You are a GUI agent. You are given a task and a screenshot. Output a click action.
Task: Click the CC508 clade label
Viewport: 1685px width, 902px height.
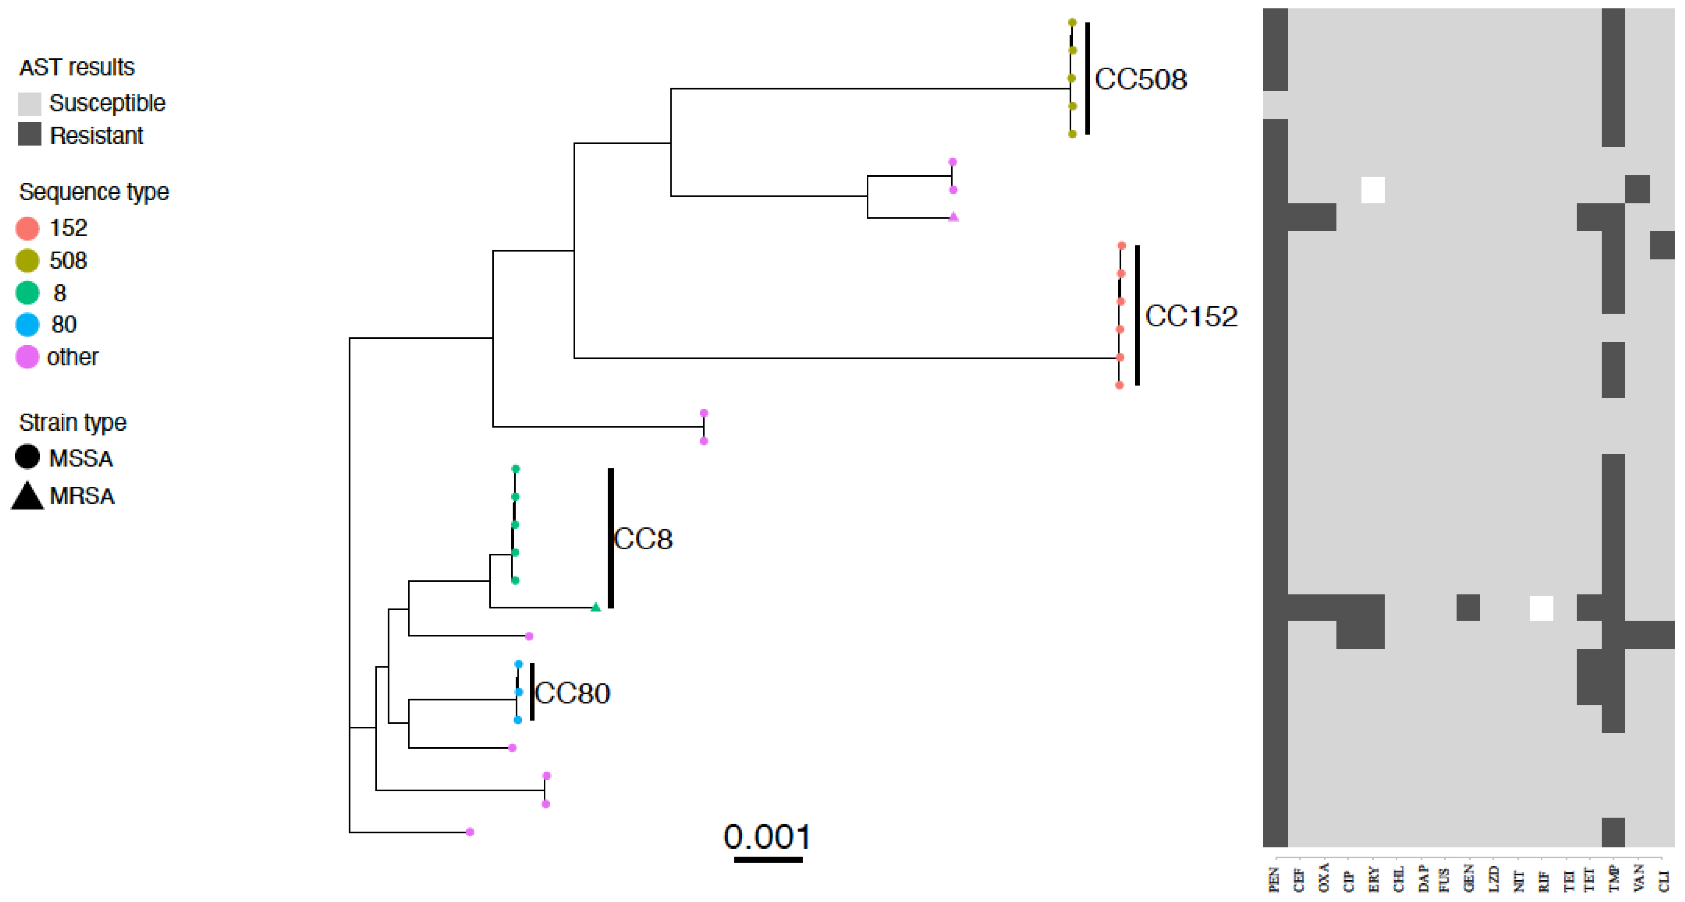coord(1140,80)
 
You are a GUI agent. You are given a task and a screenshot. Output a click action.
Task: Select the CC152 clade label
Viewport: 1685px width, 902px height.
coord(1191,316)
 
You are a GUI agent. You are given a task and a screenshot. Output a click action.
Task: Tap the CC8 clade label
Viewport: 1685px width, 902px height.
coord(643,539)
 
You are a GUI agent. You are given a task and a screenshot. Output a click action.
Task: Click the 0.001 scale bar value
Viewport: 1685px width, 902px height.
coord(767,837)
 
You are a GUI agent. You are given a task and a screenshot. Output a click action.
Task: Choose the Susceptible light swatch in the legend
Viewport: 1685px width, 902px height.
coord(29,103)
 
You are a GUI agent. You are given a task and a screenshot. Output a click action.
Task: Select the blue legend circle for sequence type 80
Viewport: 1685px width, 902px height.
coord(27,324)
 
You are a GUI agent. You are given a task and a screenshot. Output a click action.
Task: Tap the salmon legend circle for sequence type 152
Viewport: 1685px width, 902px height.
coord(27,228)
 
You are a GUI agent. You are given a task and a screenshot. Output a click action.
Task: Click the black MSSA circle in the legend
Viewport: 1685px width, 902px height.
coord(27,457)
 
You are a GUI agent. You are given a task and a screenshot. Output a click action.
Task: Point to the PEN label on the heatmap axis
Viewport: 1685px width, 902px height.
coord(1274,879)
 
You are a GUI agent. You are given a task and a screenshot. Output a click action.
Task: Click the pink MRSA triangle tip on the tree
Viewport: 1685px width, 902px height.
coord(954,217)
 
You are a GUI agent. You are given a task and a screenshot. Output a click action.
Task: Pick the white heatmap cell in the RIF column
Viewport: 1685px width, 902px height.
coord(1541,608)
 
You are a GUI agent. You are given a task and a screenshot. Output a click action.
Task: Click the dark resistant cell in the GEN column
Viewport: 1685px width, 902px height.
coord(1468,608)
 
